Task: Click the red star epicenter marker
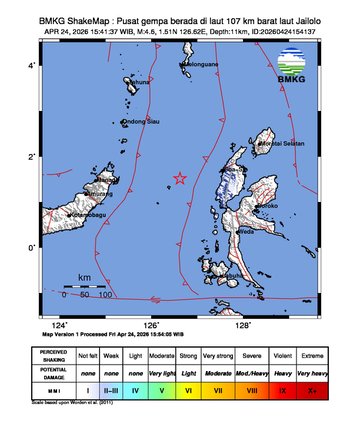[180, 178]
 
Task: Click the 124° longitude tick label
[61, 325]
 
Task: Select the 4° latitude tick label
[32, 65]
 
